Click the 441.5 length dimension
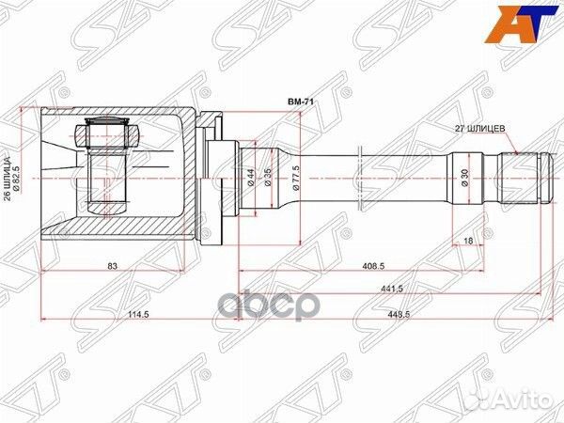[x=389, y=291]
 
